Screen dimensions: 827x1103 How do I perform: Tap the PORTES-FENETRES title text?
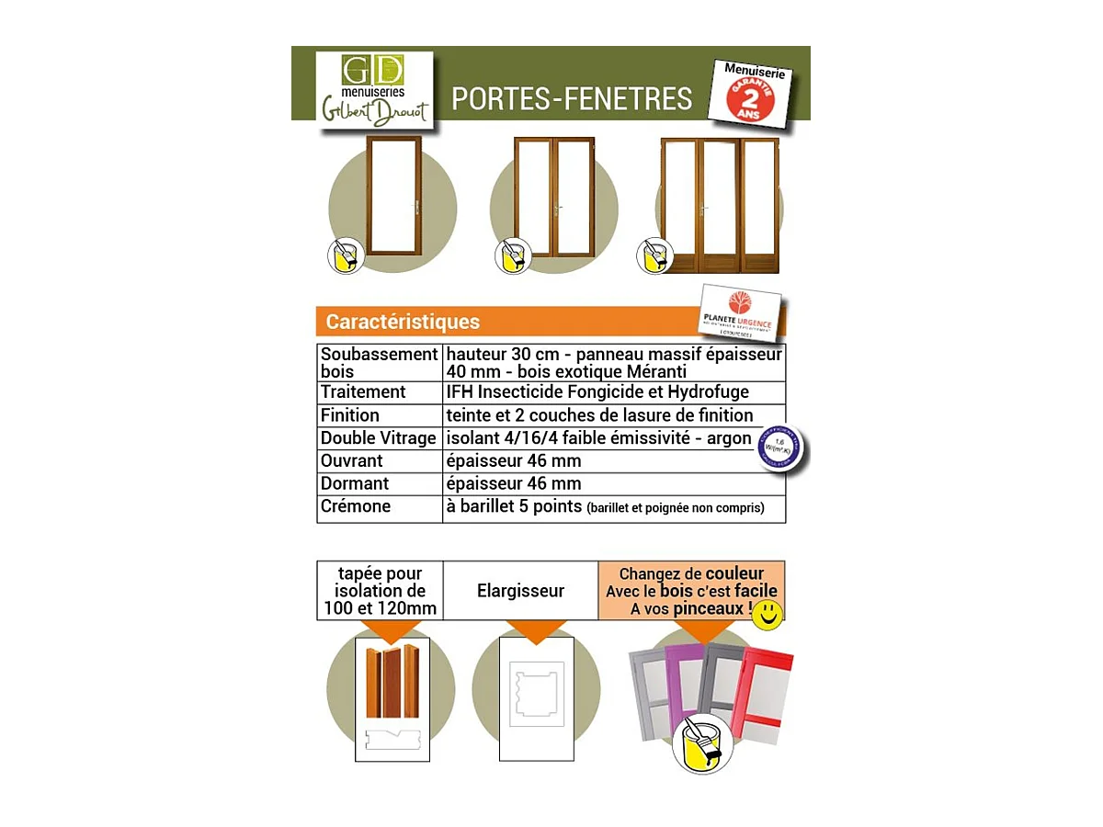point(572,98)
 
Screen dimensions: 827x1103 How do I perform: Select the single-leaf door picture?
point(393,197)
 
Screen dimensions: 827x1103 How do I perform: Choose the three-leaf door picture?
point(720,205)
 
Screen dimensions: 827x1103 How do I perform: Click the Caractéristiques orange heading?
point(403,322)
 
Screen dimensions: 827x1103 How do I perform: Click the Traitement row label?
point(363,392)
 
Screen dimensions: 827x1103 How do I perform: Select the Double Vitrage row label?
point(378,438)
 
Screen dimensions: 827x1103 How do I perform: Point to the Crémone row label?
point(356,506)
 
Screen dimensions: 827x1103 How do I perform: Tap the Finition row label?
point(350,415)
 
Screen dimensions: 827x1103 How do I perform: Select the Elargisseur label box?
point(520,591)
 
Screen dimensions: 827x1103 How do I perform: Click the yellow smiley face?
point(767,615)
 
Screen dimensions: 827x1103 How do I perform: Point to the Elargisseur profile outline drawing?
point(536,697)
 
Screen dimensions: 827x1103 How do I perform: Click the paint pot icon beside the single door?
point(346,255)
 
